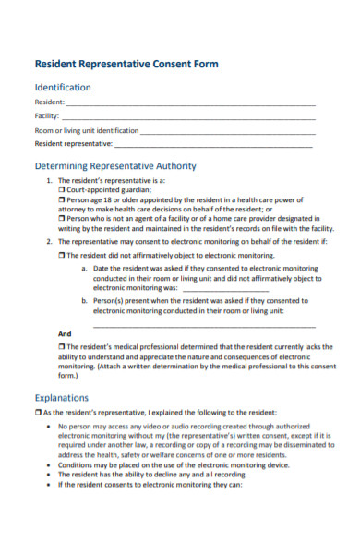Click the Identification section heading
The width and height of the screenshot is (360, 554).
click(x=63, y=87)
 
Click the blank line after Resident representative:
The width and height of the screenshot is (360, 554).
click(x=214, y=145)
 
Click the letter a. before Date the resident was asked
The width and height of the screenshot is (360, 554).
click(x=84, y=269)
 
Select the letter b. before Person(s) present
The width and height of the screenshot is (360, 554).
click(x=84, y=301)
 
